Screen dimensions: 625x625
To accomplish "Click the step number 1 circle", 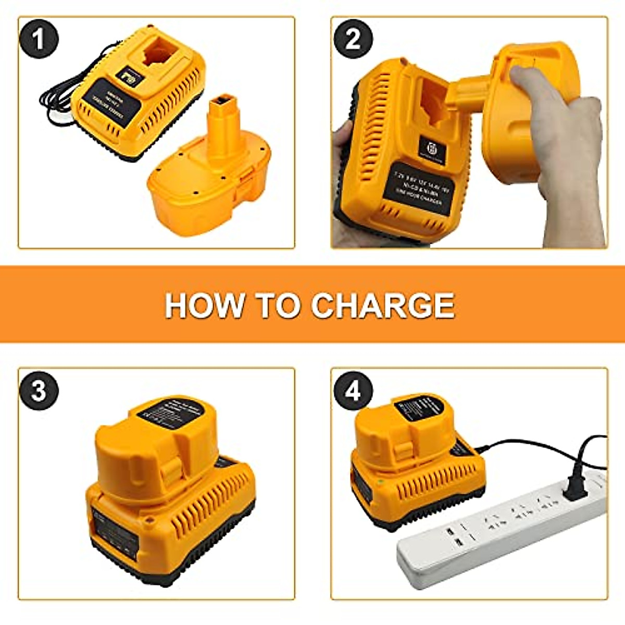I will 40,39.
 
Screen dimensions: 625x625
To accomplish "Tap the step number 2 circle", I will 353,39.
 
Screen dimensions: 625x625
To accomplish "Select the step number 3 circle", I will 40,390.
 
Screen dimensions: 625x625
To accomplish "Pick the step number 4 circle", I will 353,390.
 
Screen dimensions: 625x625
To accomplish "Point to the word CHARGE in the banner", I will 383,305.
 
